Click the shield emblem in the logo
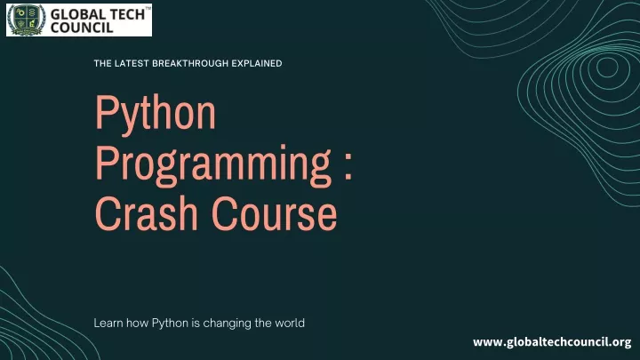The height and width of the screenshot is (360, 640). coord(27,20)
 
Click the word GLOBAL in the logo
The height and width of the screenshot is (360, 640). coord(77,14)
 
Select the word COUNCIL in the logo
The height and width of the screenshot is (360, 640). coord(82,28)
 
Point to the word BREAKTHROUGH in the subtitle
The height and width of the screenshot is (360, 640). coord(190,63)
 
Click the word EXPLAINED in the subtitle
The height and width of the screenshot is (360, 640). coord(257,63)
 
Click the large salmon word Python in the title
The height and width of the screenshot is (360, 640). coord(155,113)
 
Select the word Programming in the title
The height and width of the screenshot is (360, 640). coord(212,164)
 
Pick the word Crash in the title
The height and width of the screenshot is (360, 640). coord(146,213)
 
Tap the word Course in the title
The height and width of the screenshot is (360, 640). coord(274,213)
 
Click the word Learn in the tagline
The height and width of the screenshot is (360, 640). coord(108,323)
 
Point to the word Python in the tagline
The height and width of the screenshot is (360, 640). coord(170,324)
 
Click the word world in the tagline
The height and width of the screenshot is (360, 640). coord(290,323)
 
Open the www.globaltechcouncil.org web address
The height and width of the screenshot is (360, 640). coord(552,342)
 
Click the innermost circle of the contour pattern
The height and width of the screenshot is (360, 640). coord(607,67)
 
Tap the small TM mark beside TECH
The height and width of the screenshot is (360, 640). coord(148,8)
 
